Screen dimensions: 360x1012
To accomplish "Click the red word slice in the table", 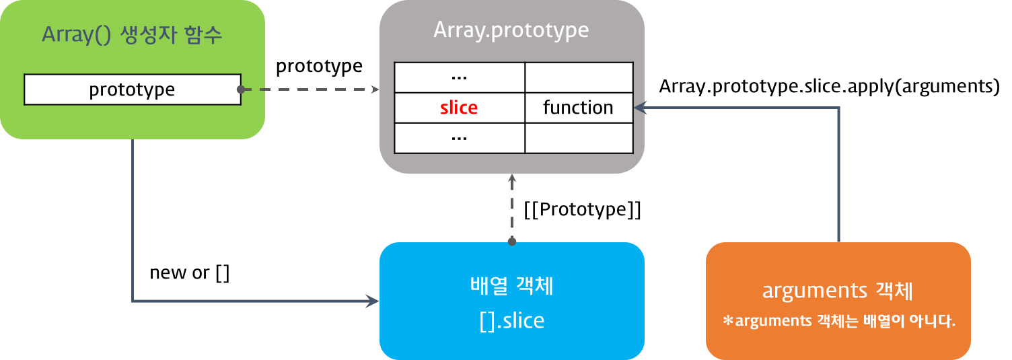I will click(459, 108).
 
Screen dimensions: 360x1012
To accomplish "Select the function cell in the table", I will click(578, 108).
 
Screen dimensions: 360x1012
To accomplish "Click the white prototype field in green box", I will click(132, 89).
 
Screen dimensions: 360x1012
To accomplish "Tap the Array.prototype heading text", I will click(511, 30).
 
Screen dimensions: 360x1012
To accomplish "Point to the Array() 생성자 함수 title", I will click(132, 35).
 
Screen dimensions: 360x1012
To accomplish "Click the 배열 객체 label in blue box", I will click(511, 286).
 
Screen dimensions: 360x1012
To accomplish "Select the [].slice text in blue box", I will click(511, 321).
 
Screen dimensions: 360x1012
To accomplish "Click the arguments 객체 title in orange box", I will click(838, 291).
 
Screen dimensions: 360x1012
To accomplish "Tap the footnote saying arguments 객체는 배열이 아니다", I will click(838, 321).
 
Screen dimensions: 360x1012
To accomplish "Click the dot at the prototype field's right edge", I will click(240, 89).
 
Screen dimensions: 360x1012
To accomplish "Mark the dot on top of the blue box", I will click(511, 241).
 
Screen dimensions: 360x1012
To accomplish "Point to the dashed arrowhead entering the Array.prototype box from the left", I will click(375, 89).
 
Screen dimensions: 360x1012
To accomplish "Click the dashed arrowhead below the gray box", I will click(511, 178).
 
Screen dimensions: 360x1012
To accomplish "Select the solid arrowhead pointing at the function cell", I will click(640, 108).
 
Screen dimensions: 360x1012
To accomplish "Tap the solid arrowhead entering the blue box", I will click(373, 301).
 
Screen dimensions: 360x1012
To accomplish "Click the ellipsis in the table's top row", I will click(459, 77).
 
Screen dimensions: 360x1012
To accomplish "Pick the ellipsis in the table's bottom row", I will click(459, 137).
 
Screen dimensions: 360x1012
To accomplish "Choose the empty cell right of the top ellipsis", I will click(578, 77).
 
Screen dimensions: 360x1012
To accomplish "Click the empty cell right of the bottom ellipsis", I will click(578, 137).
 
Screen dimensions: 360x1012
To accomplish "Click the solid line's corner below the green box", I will click(133, 301).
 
